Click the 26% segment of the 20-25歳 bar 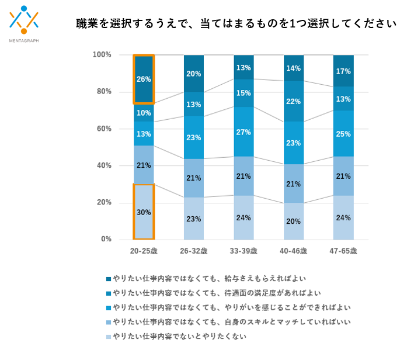pyautogui.click(x=144, y=79)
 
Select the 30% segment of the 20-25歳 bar pyautogui.click(x=144, y=212)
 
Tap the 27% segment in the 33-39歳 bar pyautogui.click(x=244, y=131)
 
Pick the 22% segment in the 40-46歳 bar pyautogui.click(x=294, y=101)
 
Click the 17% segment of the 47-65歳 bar pyautogui.click(x=343, y=71)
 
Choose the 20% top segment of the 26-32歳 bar pyautogui.click(x=194, y=74)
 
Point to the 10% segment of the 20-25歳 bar pyautogui.click(x=144, y=113)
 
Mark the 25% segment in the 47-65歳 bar pyautogui.click(x=343, y=134)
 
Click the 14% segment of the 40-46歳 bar pyautogui.click(x=294, y=68)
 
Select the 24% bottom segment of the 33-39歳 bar pyautogui.click(x=244, y=217)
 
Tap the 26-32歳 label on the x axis pyautogui.click(x=194, y=251)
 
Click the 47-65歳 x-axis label pyautogui.click(x=343, y=251)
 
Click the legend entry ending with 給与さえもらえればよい pyautogui.click(x=210, y=278)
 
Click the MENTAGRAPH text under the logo pyautogui.click(x=24, y=41)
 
